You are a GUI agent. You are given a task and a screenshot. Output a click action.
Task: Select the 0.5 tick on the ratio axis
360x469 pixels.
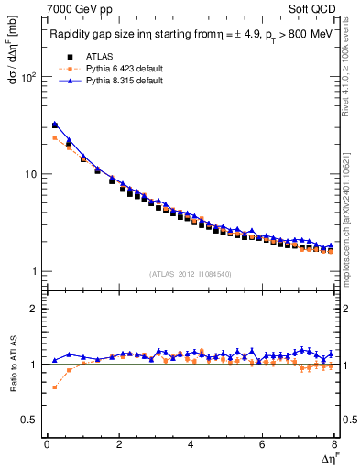coord(28,420)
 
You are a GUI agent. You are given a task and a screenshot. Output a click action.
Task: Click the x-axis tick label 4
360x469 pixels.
coord(191,445)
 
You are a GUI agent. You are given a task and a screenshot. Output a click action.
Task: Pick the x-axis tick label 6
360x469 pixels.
coord(263,445)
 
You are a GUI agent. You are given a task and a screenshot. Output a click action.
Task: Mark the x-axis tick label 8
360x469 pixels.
coord(334,445)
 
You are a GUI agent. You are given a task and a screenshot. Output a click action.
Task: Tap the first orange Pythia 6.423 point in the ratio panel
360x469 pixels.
coord(55,387)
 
